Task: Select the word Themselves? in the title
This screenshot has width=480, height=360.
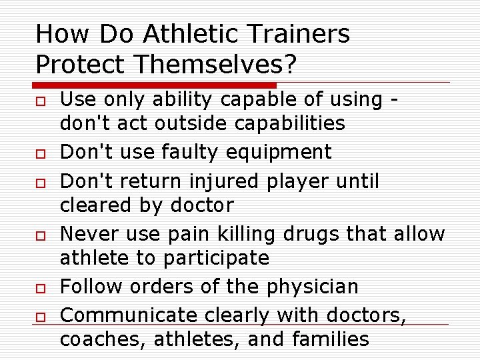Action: [x=207, y=64]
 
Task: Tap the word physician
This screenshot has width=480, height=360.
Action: [x=313, y=287]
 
